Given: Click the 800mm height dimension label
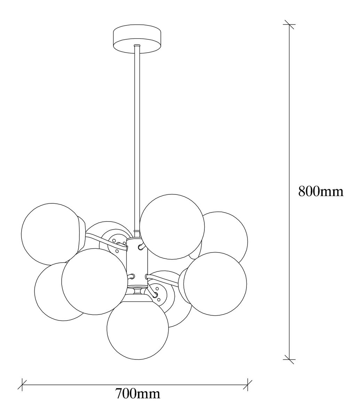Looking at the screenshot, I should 320,191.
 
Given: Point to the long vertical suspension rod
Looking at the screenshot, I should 136,139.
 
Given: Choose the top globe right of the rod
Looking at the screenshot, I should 172,226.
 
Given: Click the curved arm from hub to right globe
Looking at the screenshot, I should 164,279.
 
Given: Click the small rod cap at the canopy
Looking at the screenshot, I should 136,46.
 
